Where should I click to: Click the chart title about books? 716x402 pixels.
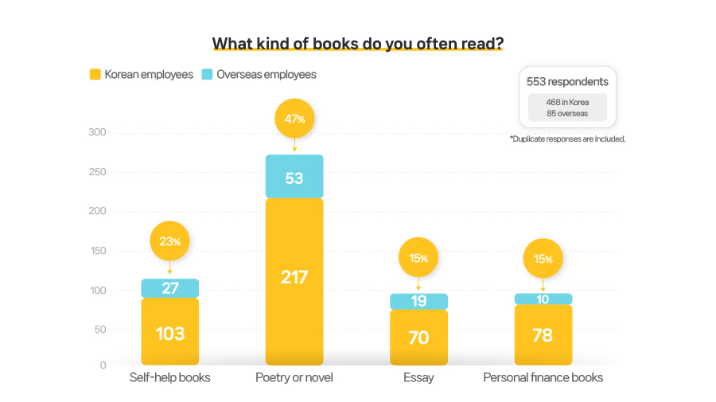pos(357,43)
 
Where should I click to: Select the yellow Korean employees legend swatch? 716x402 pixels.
pos(95,75)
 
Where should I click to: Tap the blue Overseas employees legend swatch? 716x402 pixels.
pos(207,75)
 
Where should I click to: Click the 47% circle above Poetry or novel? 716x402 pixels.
pos(294,119)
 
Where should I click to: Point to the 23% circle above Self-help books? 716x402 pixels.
pos(170,241)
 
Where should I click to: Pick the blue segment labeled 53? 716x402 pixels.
pos(294,177)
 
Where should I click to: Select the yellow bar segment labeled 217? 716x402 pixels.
pos(294,279)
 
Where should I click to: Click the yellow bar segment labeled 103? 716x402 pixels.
pos(170,332)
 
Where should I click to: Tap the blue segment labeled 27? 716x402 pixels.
pos(170,288)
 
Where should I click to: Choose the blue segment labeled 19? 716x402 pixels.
pos(418,301)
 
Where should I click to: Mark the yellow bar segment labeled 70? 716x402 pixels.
pos(418,338)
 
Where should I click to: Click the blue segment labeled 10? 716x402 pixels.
pos(543,299)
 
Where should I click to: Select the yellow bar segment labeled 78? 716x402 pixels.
pos(543,335)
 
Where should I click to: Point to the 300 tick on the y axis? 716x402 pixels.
pos(96,132)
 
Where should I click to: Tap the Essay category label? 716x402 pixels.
pos(418,377)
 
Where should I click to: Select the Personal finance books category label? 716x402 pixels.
pos(543,377)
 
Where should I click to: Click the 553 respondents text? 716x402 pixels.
pos(567,81)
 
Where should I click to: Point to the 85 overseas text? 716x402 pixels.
pos(567,114)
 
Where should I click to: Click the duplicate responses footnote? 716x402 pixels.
pos(567,139)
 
